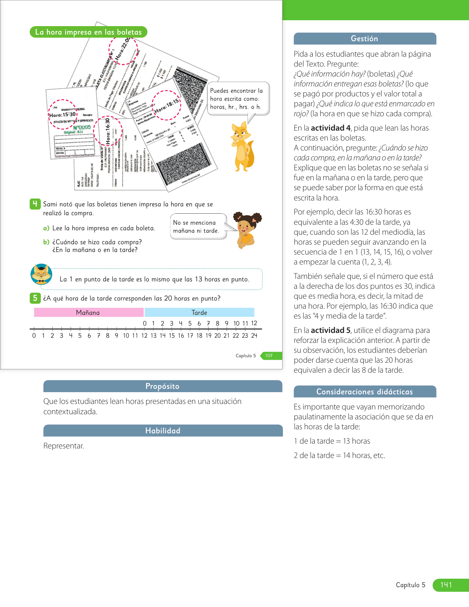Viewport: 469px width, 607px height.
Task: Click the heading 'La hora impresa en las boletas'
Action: tap(88, 32)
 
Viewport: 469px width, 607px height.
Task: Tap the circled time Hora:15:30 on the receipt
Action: tap(63, 114)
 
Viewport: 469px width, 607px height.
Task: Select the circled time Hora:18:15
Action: tap(167, 106)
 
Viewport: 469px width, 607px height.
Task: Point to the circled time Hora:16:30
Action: tap(108, 131)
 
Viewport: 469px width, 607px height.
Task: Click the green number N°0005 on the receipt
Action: tap(82, 127)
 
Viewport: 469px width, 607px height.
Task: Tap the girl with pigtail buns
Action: tap(246, 230)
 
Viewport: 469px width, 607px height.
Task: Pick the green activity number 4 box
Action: tap(35, 204)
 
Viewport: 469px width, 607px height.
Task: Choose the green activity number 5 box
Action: tap(35, 298)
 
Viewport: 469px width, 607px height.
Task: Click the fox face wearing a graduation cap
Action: tap(41, 274)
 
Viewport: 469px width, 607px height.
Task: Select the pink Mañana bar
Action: tap(88, 312)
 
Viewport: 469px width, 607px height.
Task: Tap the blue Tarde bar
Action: tap(199, 312)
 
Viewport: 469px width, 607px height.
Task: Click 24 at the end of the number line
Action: tap(254, 336)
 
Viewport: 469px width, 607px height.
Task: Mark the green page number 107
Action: tap(269, 356)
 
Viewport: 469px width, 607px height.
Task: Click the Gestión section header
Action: tap(365, 39)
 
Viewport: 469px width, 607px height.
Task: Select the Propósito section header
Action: tap(163, 386)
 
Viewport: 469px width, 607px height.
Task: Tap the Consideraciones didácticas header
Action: tap(365, 392)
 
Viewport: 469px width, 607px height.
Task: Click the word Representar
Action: tap(64, 446)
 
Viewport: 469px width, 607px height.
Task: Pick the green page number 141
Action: tap(446, 585)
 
